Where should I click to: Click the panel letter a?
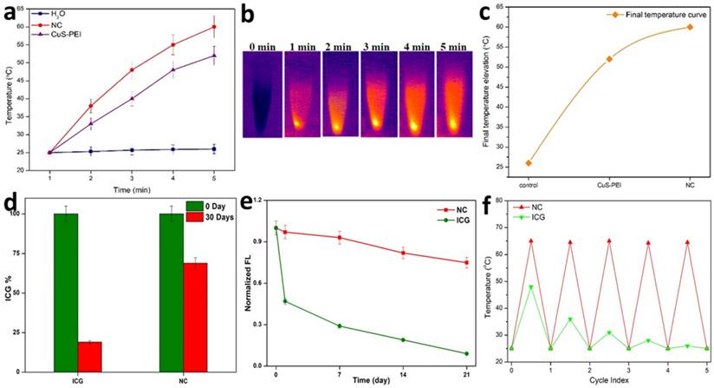pos(13,16)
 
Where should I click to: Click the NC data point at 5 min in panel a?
pos(214,27)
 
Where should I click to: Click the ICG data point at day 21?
pos(466,353)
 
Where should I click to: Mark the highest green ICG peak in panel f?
pos(530,286)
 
